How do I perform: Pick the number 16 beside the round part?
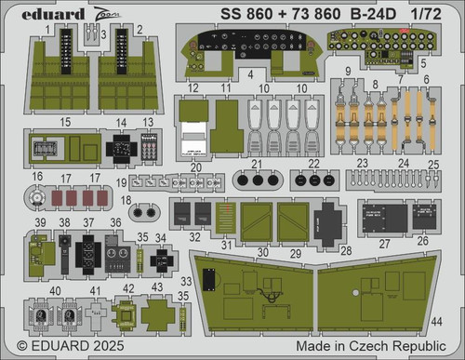coord(37,176)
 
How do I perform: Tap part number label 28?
coord(346,252)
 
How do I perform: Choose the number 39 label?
coord(39,223)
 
